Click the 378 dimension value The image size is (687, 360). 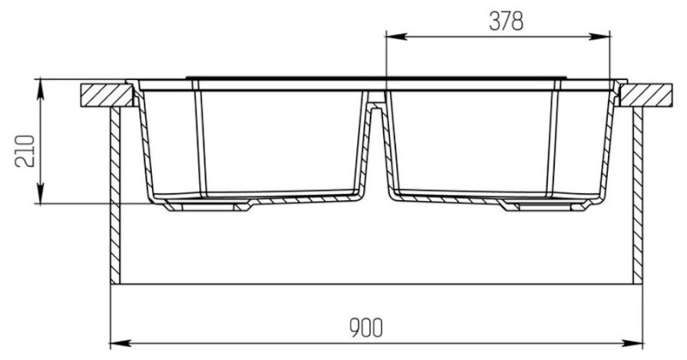[x=506, y=21]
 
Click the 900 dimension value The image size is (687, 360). [x=367, y=327]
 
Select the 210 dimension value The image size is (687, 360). [x=25, y=151]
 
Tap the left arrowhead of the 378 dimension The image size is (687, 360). [x=396, y=36]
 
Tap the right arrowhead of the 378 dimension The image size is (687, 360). [x=599, y=36]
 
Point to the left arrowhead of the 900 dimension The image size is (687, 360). [x=121, y=343]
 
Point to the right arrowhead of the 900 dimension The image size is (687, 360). [x=632, y=343]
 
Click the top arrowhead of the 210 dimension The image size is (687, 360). [x=40, y=90]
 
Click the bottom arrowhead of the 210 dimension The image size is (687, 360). [x=40, y=193]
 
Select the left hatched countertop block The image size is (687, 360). [x=106, y=95]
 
